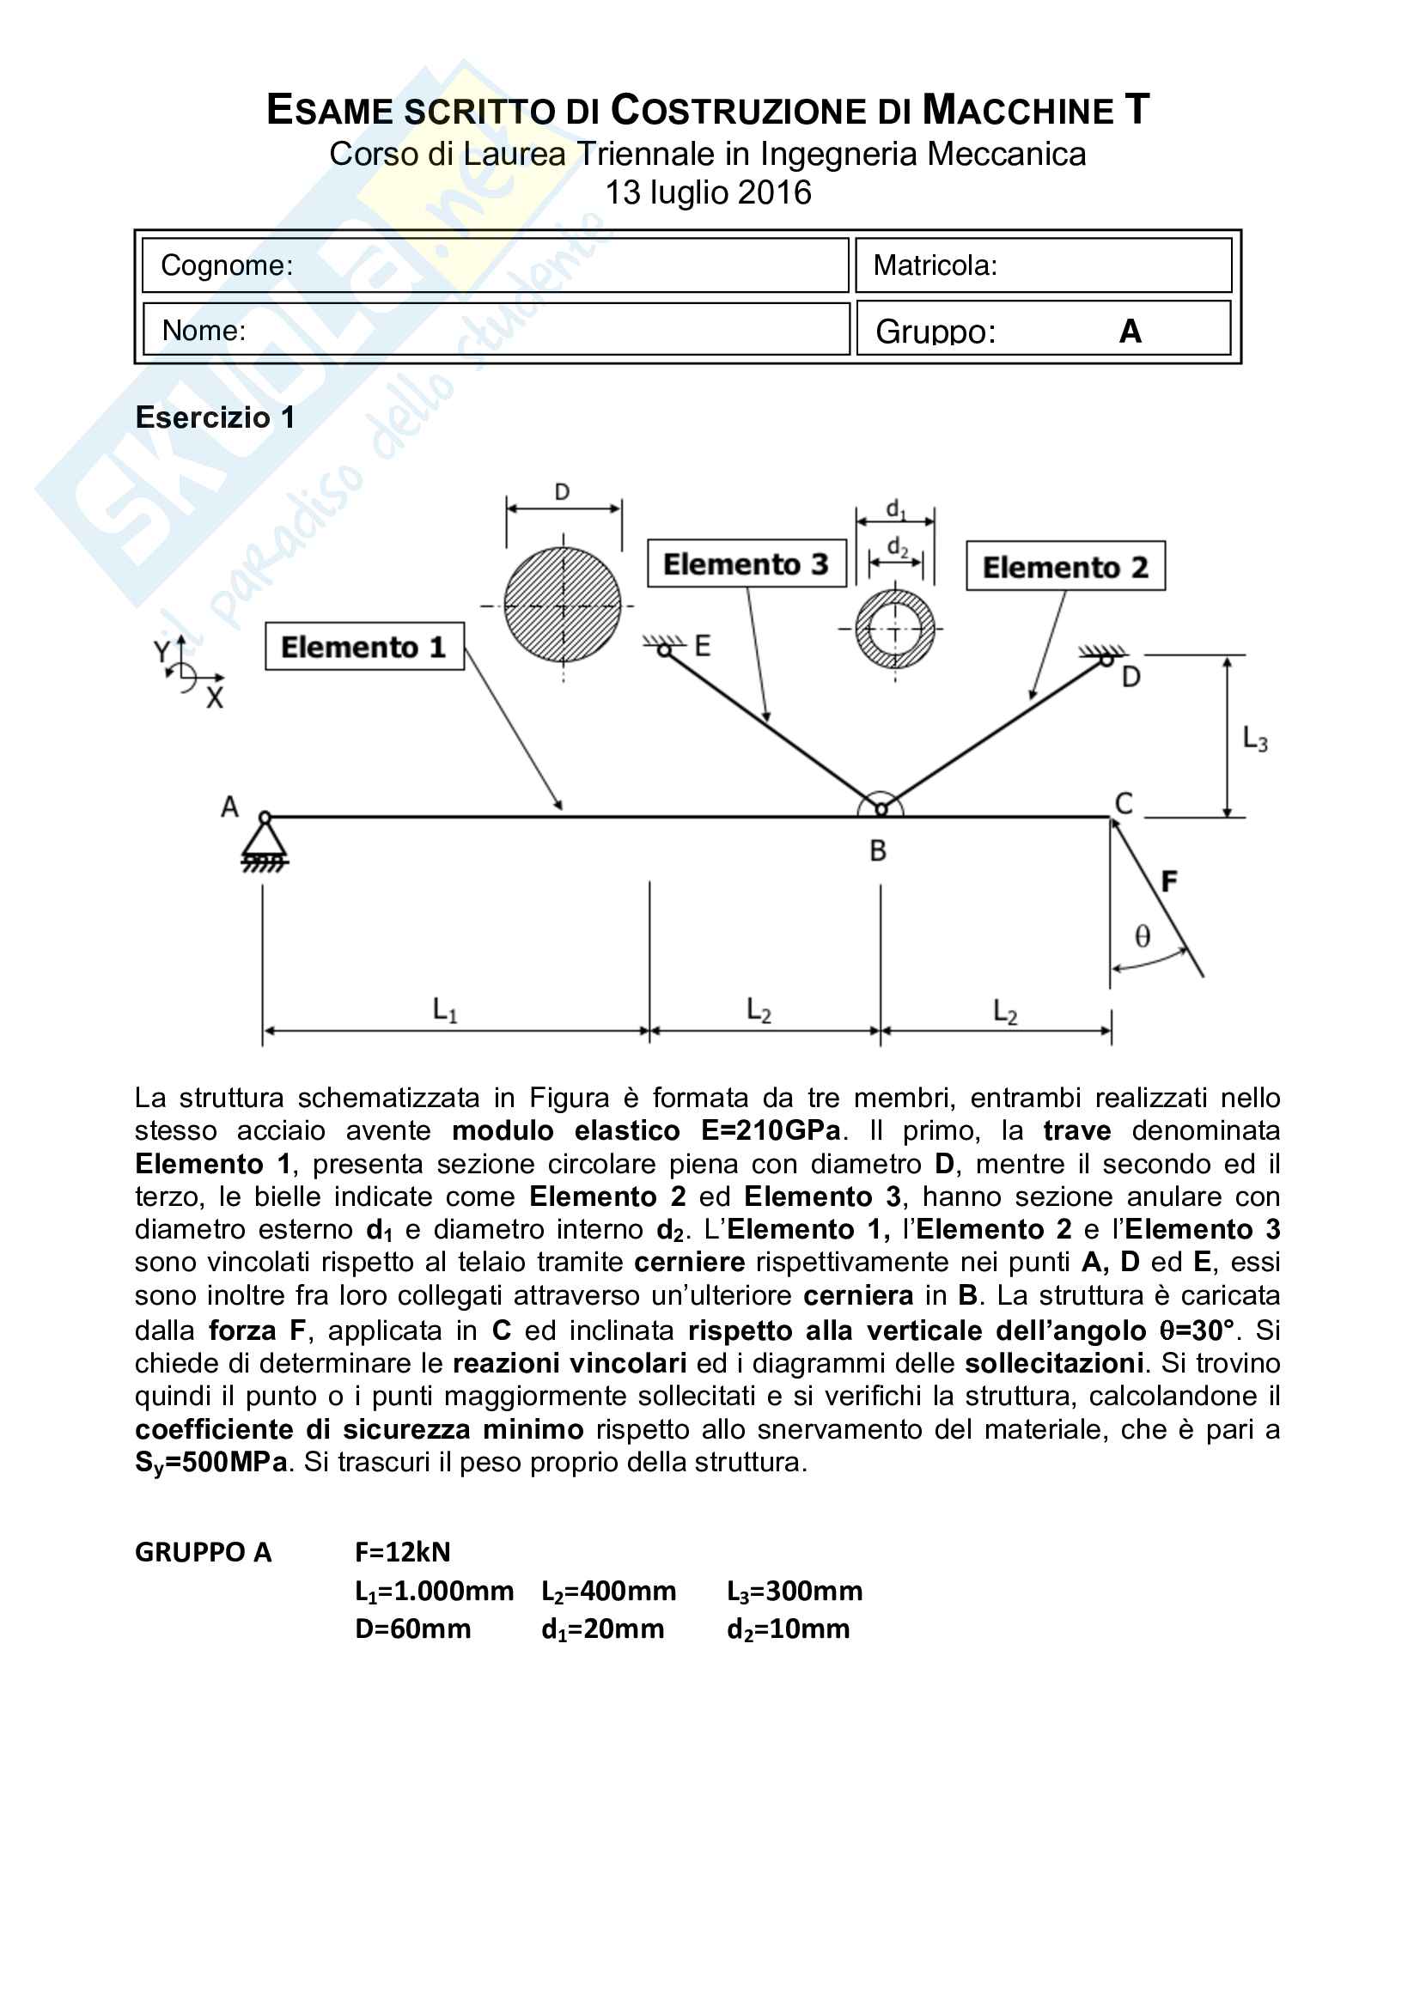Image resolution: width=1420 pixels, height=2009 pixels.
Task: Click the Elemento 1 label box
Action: [x=364, y=647]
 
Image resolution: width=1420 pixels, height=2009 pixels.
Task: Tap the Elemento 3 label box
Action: [x=747, y=563]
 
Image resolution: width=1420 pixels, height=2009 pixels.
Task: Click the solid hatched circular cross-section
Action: [x=563, y=605]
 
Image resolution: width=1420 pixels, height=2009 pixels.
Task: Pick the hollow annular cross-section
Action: [x=894, y=629]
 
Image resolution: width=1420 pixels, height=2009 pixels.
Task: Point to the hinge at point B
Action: [x=881, y=809]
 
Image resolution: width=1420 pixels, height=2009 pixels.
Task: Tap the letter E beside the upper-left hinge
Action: [x=702, y=647]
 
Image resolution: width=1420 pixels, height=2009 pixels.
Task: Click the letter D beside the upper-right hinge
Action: [x=1131, y=677]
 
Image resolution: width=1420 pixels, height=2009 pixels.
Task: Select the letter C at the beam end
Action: [x=1124, y=803]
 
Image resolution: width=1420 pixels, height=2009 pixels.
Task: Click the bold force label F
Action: [x=1169, y=881]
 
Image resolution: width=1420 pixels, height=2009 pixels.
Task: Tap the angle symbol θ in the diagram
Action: [x=1142, y=937]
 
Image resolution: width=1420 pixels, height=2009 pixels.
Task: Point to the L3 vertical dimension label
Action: [x=1255, y=740]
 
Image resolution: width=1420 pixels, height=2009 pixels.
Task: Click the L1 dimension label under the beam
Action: [x=444, y=1012]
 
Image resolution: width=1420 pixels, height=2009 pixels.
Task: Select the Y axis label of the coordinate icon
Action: [x=162, y=652]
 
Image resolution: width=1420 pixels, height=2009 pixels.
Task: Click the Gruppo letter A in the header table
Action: [x=1130, y=332]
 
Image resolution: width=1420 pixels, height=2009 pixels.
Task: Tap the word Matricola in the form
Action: [x=935, y=265]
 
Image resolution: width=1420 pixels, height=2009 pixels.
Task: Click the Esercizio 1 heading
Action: [x=215, y=417]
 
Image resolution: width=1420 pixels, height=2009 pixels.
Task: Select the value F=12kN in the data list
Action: [x=403, y=1552]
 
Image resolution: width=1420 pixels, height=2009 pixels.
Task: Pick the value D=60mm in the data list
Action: [x=413, y=1629]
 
